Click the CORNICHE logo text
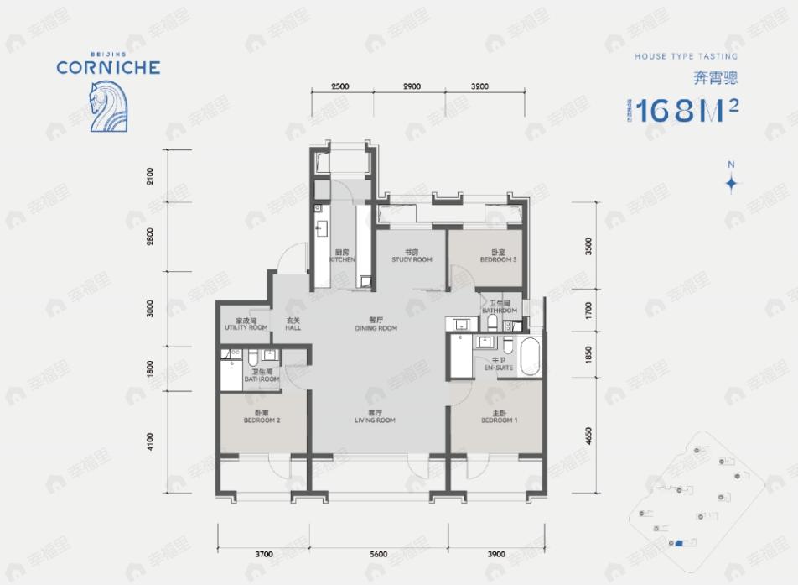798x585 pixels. pyautogui.click(x=108, y=66)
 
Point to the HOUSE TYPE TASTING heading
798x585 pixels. pyautogui.click(x=686, y=56)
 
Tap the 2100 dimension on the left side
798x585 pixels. pyautogui.click(x=150, y=177)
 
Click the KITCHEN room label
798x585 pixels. pyautogui.click(x=342, y=257)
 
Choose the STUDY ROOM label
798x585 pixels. pyautogui.click(x=412, y=257)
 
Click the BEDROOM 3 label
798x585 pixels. pyautogui.click(x=498, y=257)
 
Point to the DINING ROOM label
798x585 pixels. pyautogui.click(x=376, y=325)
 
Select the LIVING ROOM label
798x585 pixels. pyautogui.click(x=376, y=417)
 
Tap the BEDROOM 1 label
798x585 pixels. pyautogui.click(x=499, y=417)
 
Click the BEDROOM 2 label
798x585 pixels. pyautogui.click(x=262, y=417)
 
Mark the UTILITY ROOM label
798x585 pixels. pyautogui.click(x=246, y=325)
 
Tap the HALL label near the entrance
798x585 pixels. pyautogui.click(x=293, y=325)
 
